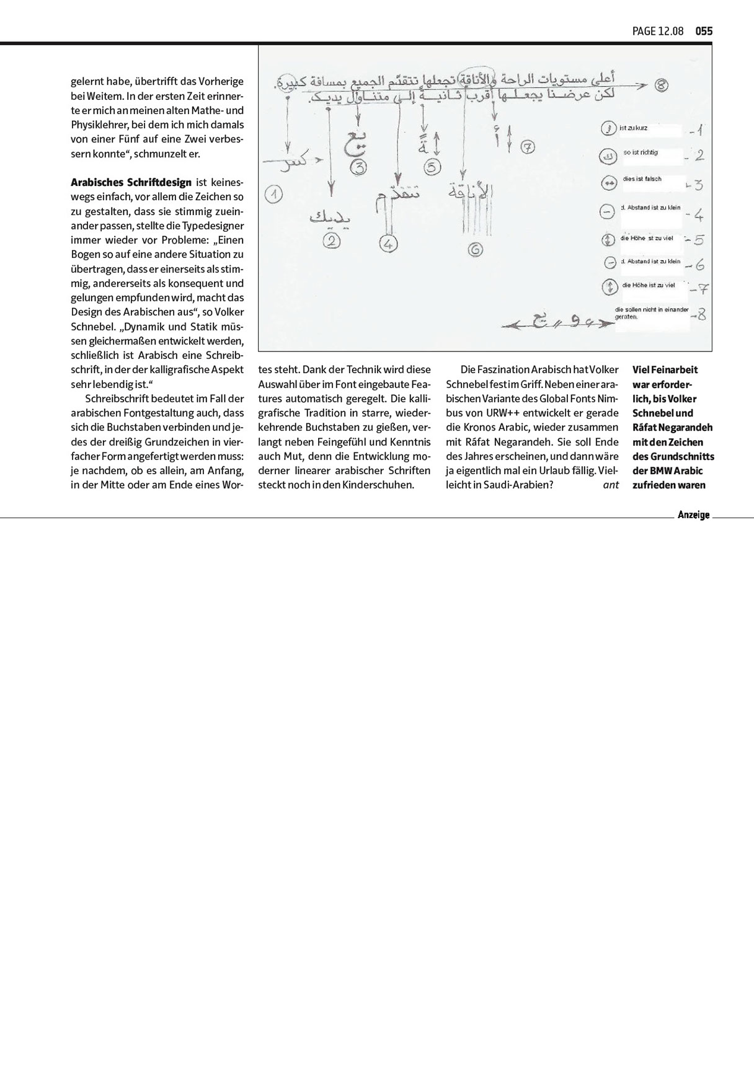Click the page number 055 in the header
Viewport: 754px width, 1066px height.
coord(704,31)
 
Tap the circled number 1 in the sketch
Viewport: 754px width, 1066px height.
coord(273,194)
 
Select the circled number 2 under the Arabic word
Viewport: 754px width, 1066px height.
coord(333,241)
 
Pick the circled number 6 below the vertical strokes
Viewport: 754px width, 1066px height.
coord(475,250)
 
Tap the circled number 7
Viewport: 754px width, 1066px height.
coord(528,147)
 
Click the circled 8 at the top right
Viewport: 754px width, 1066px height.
coord(662,86)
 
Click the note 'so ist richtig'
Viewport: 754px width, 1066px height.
coord(641,152)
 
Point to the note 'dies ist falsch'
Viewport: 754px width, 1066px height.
coord(642,179)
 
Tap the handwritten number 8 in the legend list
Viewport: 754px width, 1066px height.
coord(701,315)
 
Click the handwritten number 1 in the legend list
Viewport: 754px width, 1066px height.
coord(698,131)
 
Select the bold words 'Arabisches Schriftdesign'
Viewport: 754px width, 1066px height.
coord(131,182)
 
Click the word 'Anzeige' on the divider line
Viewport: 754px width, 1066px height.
coord(693,515)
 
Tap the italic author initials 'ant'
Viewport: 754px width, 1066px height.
coord(611,485)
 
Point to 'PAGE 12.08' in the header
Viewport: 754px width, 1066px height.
coord(658,31)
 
